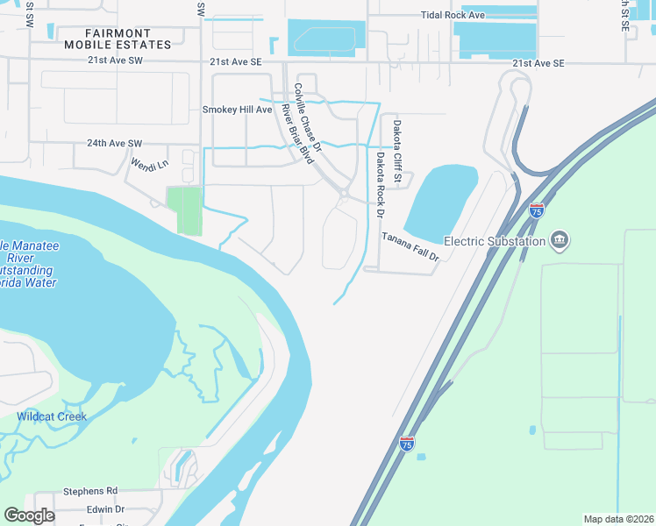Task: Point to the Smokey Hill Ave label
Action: [237, 110]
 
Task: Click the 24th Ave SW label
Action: [114, 143]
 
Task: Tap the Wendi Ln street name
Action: [149, 164]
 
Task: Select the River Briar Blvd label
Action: [296, 134]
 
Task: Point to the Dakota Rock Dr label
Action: [381, 184]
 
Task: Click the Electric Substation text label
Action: [496, 241]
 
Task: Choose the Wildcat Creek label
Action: [52, 416]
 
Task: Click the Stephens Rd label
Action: [90, 491]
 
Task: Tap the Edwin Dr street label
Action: [105, 509]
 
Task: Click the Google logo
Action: [29, 515]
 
